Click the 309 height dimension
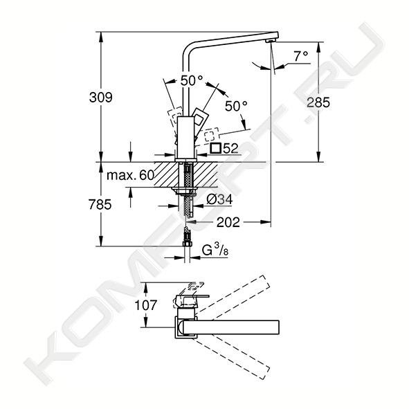pos(100,98)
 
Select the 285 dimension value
pos(318,102)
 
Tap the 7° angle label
pos(301,56)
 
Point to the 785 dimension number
pos(100,204)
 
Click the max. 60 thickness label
pos(130,175)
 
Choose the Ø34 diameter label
pos(219,200)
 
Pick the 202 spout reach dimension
pos(228,222)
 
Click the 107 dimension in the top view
pos(146,305)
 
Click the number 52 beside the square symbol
pos(230,149)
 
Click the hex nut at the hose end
pos(187,244)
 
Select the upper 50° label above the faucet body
pos(191,80)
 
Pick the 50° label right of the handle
pos(236,106)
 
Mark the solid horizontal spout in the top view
pos(231,327)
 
